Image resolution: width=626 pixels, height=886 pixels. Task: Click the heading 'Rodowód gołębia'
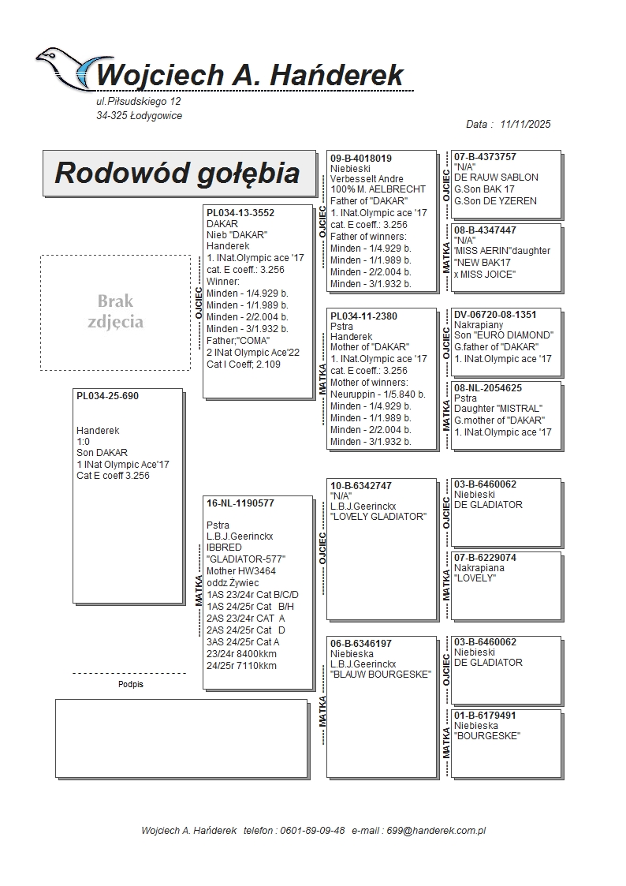point(177,173)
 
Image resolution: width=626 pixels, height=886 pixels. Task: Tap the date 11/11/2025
point(525,124)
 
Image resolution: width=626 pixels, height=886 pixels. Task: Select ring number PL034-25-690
point(107,396)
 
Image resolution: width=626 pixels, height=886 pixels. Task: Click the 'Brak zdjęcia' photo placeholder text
point(116,312)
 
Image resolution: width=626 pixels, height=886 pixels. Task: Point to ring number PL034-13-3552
point(240,212)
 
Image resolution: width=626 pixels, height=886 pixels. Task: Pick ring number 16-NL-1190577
point(240,503)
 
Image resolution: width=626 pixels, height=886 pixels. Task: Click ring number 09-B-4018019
point(361,159)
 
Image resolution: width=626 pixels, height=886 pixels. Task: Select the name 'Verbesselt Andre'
point(367,179)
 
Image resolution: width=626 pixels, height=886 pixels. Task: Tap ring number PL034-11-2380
point(363,316)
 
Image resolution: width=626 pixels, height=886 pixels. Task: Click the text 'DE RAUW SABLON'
point(496,178)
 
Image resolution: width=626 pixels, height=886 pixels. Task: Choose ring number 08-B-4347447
point(485,230)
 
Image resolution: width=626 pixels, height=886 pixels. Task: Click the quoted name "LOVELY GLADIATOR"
point(378,517)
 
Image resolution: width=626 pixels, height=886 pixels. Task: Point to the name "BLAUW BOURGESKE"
point(381,675)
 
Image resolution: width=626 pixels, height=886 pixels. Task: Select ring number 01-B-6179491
point(485,716)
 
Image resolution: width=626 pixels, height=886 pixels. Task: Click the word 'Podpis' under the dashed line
point(131,685)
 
